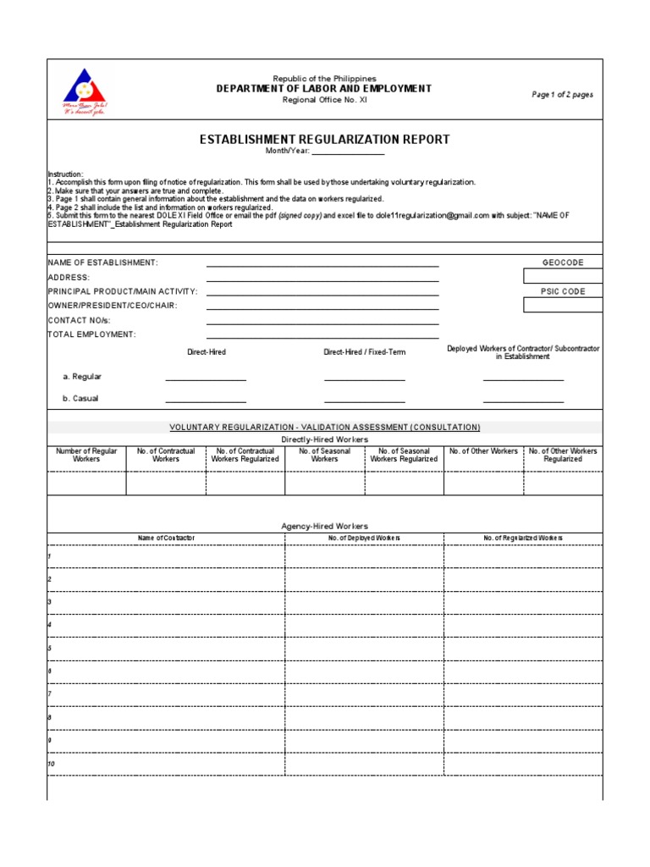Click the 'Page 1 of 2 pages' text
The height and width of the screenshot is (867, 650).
(562, 95)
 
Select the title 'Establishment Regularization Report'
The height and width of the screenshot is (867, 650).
(324, 140)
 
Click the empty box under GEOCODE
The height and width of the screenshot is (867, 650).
(563, 276)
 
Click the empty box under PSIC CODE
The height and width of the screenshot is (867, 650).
(563, 305)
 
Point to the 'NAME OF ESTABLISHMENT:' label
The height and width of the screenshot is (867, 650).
(102, 263)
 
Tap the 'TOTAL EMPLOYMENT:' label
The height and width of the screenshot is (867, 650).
(91, 334)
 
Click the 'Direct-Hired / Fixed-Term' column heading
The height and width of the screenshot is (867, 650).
(364, 351)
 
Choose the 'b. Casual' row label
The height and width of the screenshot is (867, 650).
(80, 398)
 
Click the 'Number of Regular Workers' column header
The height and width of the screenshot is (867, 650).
(86, 456)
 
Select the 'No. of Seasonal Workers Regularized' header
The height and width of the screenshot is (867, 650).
(404, 456)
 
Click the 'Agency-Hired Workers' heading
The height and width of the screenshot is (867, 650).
(324, 526)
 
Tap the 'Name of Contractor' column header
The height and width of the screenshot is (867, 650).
(166, 538)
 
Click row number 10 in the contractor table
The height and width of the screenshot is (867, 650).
(52, 764)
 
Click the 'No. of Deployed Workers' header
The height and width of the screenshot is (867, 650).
(364, 538)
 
